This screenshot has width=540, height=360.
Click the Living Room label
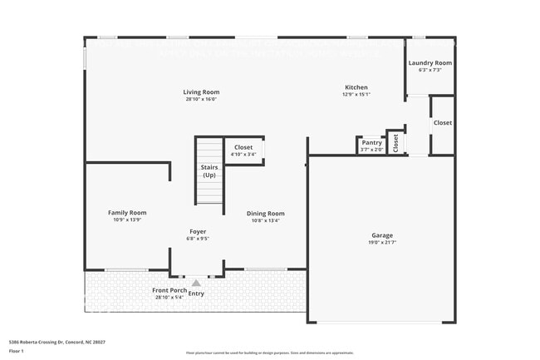tap(201, 91)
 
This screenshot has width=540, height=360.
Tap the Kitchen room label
tap(356, 87)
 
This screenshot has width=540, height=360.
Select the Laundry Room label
tap(430, 63)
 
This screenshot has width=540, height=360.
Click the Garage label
tap(381, 235)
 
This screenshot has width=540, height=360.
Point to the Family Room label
tap(127, 213)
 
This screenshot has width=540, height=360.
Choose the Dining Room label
tap(266, 214)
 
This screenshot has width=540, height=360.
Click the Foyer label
tap(198, 231)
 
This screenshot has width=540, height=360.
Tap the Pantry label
tap(371, 143)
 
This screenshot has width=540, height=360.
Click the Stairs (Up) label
tap(209, 171)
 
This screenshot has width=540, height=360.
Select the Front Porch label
tap(169, 290)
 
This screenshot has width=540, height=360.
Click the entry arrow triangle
tap(196, 283)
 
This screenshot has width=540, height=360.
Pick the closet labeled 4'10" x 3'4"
tap(243, 154)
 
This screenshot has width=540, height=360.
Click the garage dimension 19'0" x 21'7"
tap(381, 243)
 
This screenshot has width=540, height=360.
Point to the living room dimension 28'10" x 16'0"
tap(201, 100)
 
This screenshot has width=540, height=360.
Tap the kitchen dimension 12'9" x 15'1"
tap(356, 95)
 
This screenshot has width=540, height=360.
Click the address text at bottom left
tap(57, 342)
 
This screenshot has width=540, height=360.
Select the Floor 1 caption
tap(17, 351)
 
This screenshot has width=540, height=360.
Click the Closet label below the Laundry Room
tap(443, 122)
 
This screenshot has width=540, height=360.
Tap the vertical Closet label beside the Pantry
tap(396, 143)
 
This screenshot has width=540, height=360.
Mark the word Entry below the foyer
tap(196, 293)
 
